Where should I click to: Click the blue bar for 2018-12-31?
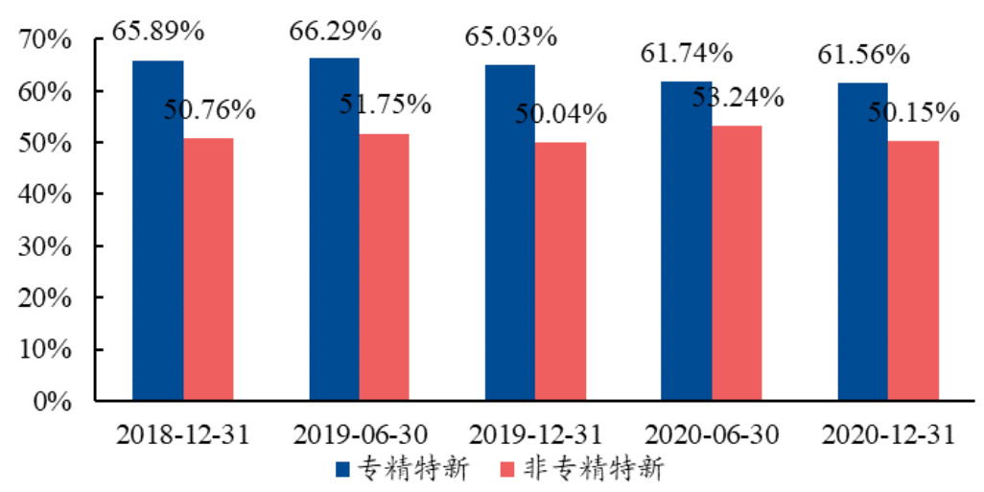[x=157, y=230]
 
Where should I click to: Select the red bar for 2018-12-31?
[x=208, y=269]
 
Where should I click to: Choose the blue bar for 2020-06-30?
[x=686, y=240]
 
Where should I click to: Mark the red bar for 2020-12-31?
[x=913, y=270]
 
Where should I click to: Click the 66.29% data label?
[x=335, y=31]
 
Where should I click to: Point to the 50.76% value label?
[x=209, y=109]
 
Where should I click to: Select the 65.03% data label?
[x=511, y=37]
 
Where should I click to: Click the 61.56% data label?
[x=863, y=55]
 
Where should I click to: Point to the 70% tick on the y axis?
[x=45, y=40]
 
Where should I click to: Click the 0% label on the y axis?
[x=52, y=401]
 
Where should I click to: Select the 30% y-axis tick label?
[x=45, y=246]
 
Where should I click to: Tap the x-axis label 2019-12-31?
[x=535, y=434]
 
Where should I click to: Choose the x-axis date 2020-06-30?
[x=712, y=434]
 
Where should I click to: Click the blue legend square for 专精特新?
[x=343, y=469]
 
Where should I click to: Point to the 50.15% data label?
[x=914, y=112]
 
